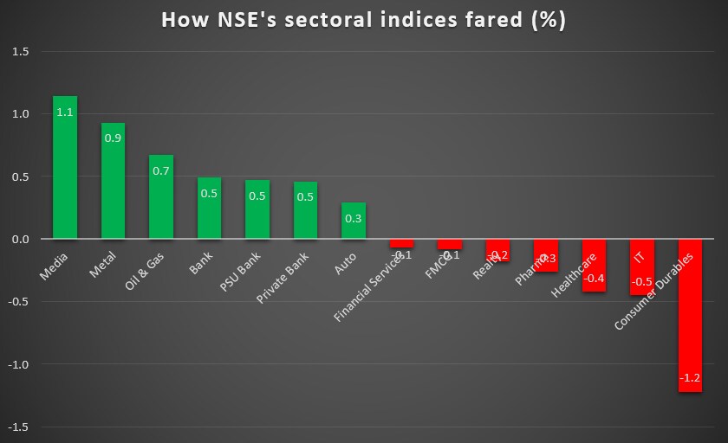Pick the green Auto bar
354,221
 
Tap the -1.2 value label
690,378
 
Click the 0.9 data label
113,138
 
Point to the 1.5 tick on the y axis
20,52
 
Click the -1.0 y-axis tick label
18,364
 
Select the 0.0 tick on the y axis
20,240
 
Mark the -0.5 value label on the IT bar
641,282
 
